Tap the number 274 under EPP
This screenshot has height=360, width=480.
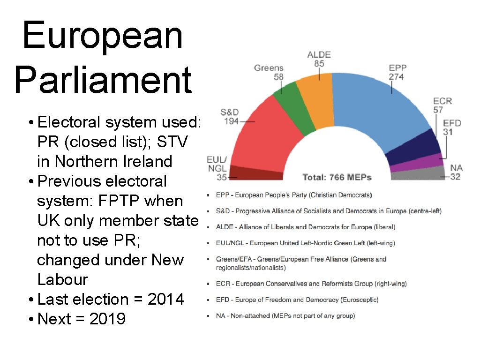click(396, 76)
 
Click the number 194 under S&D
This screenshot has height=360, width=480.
click(230, 121)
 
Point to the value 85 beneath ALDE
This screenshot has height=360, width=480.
click(319, 64)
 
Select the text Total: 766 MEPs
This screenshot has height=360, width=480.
click(337, 177)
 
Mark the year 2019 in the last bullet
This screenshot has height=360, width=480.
click(107, 319)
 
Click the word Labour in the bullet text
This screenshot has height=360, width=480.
click(62, 279)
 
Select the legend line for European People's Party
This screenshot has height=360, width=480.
click(293, 195)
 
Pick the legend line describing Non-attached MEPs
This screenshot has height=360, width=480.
click(285, 315)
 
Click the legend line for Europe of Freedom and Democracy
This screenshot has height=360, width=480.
click(297, 300)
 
